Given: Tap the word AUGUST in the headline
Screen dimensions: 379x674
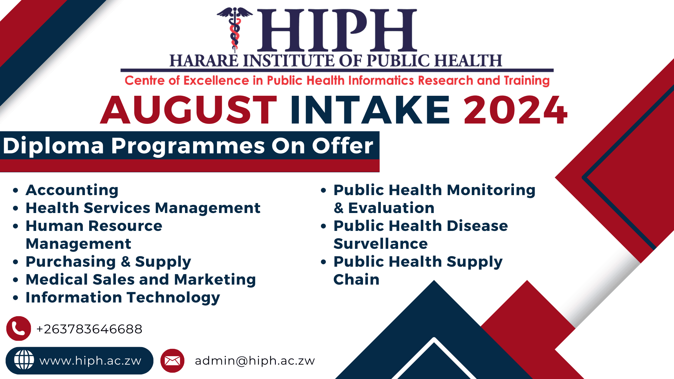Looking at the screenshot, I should pos(189,110).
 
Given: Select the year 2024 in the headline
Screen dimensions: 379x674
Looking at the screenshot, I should pos(515,110).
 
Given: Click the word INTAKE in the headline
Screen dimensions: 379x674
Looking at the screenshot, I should pos(370,110).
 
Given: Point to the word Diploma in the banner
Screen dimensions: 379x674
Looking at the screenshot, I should pos(53,146).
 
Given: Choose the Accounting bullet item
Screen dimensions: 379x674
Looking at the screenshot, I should pos(72,190).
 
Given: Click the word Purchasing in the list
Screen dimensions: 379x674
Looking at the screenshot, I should pos(71,262).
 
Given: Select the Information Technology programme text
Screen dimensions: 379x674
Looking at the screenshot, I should pos(123,298).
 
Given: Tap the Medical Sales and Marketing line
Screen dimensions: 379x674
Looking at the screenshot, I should pos(140,280).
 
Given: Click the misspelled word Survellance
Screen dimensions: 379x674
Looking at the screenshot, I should pos(381,244).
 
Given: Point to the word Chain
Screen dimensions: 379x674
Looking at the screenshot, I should pos(356,280).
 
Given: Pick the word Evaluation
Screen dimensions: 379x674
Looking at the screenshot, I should pos(391,208).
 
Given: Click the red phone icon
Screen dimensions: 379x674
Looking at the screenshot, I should pos(19,328).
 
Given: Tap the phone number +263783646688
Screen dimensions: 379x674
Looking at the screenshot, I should pos(89,329).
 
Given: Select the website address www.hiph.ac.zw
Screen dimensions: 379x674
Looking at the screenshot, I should pos(90,361).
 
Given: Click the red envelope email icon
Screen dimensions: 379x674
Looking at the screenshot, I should pos(172,360).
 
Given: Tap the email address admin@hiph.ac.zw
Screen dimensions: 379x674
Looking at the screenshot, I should pos(255,361).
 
